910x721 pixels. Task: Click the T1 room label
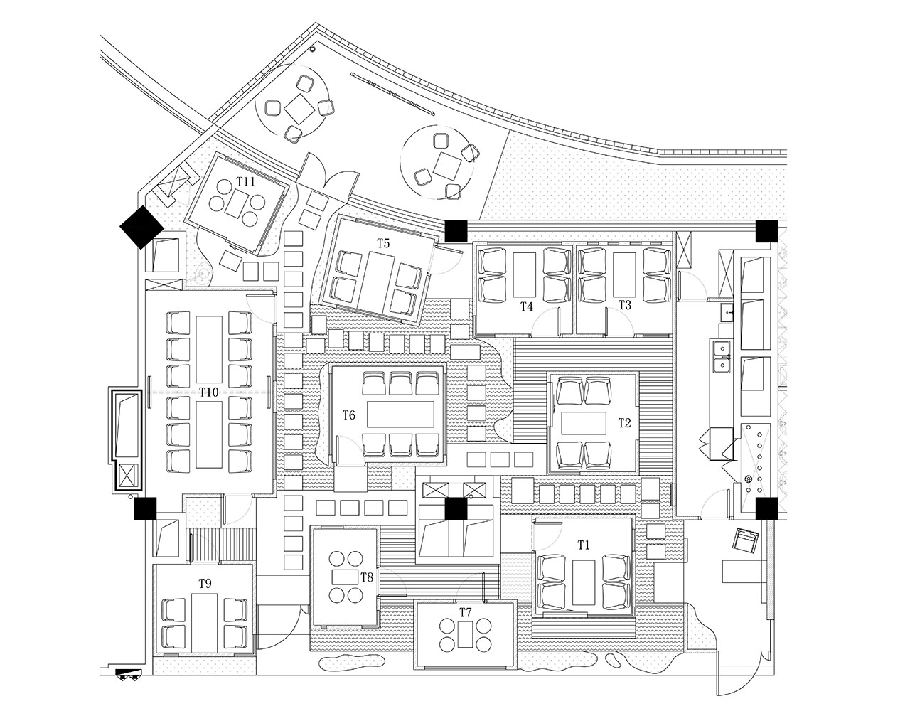[x=584, y=545]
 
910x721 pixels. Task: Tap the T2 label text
[x=624, y=423]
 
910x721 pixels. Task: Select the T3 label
[x=625, y=305]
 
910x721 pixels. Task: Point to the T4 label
[x=527, y=306]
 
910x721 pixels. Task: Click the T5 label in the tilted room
[x=383, y=243]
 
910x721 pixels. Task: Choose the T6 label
[x=349, y=416]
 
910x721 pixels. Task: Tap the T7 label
[x=465, y=612]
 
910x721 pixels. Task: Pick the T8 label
[x=367, y=577]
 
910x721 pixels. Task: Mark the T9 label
[x=205, y=584]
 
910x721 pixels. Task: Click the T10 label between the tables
[x=209, y=392]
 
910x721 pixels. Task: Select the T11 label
[x=246, y=182]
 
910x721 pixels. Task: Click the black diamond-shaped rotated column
[x=141, y=228]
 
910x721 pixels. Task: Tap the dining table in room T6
[x=400, y=415]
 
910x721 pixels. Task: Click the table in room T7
[x=465, y=634]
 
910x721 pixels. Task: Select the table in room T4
[x=525, y=275]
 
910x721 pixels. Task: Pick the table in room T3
[x=624, y=275]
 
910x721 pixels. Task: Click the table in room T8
[x=346, y=577]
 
